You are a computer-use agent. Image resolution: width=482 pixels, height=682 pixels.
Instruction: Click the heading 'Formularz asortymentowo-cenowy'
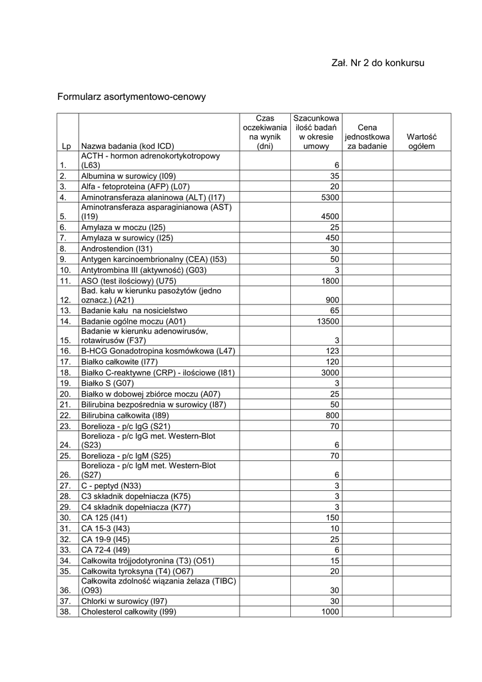132,97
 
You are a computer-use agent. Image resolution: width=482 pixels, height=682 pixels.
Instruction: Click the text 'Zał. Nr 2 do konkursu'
377,63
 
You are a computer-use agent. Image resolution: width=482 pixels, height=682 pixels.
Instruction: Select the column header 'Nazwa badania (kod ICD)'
127,146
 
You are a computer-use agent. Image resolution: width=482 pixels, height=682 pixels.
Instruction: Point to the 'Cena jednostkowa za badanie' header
367,137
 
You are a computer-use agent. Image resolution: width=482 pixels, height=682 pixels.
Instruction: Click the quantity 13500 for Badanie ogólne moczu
328,320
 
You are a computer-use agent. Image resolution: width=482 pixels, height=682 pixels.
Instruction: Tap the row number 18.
65,372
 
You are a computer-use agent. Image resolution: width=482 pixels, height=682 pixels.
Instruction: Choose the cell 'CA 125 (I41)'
104,517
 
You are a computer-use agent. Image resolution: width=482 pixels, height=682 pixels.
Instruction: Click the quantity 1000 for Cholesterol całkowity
330,612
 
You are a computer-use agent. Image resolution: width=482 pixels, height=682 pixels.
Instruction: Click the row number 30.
65,517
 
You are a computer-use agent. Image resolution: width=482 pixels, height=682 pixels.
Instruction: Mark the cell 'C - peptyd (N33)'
111,486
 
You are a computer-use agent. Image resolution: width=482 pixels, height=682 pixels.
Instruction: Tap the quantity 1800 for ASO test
330,280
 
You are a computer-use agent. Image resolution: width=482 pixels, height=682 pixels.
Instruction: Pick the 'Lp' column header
67,146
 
